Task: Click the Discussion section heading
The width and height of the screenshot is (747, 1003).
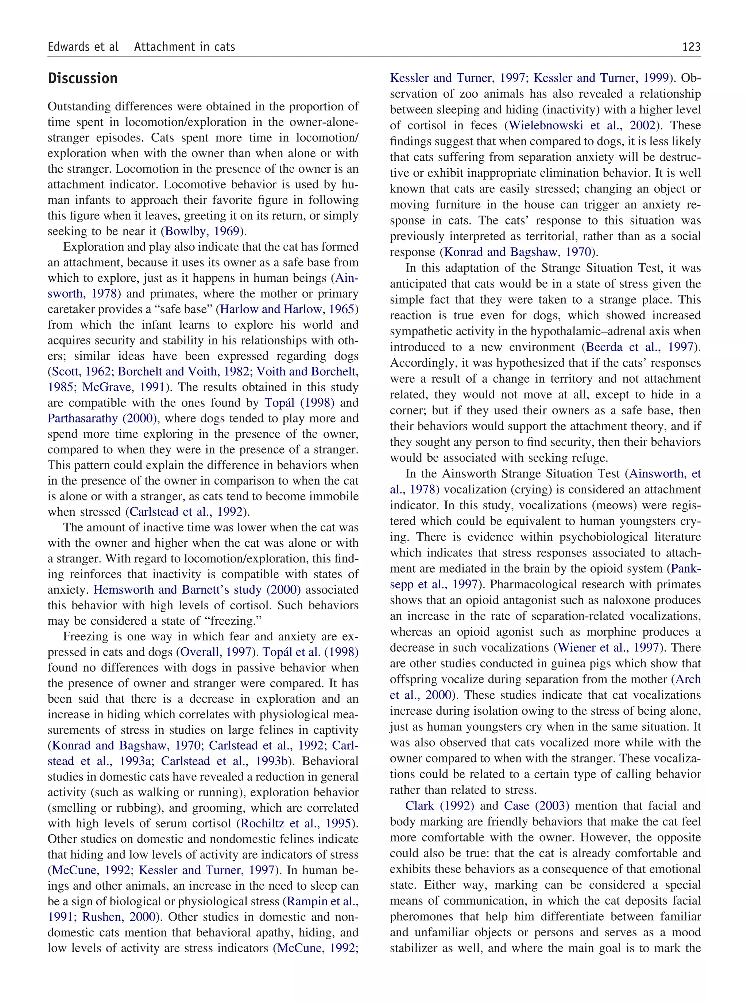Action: [x=82, y=79]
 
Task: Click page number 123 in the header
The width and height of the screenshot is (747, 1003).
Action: [x=691, y=47]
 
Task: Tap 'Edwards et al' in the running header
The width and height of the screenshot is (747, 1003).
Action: [x=83, y=47]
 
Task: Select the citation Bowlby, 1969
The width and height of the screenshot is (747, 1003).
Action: [x=202, y=231]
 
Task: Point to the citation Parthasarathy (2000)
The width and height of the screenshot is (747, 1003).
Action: [x=102, y=418]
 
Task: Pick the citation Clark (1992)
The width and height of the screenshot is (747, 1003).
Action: [x=440, y=805]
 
